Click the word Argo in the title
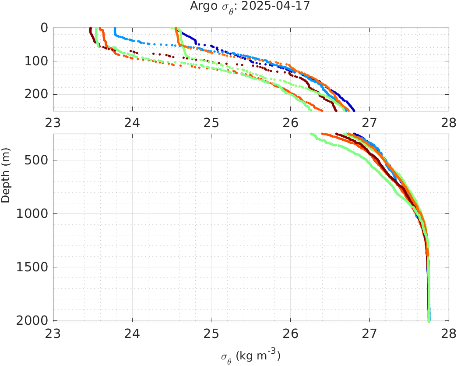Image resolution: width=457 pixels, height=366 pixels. tap(200, 6)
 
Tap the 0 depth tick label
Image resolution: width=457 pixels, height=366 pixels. tap(44, 28)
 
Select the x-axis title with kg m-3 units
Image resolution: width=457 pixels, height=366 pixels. tap(250, 355)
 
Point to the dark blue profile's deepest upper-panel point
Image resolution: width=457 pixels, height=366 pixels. tap(354, 110)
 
